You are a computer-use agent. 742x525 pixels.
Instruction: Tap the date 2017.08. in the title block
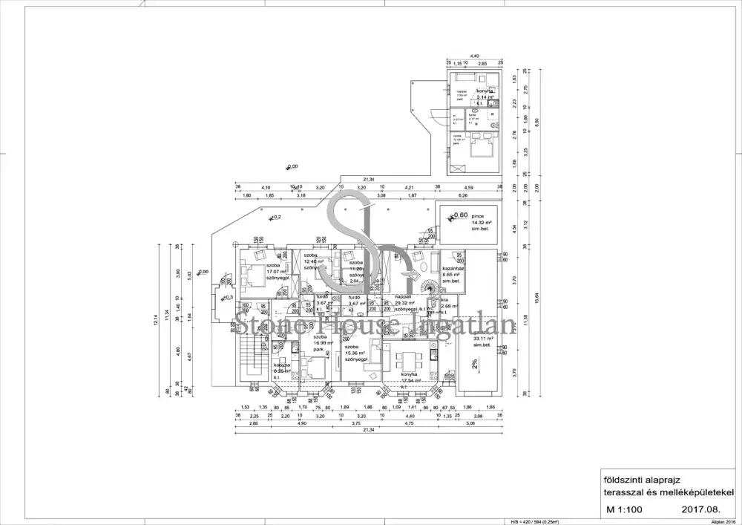(x=699, y=511)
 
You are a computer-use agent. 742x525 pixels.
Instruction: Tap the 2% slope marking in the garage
(x=473, y=363)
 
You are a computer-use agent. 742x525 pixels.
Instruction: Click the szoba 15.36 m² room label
(x=358, y=353)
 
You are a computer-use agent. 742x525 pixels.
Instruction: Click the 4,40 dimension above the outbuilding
(x=475, y=56)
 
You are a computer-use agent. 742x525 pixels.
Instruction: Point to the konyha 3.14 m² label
(x=487, y=94)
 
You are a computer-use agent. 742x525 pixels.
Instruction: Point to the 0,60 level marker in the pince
(x=459, y=215)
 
